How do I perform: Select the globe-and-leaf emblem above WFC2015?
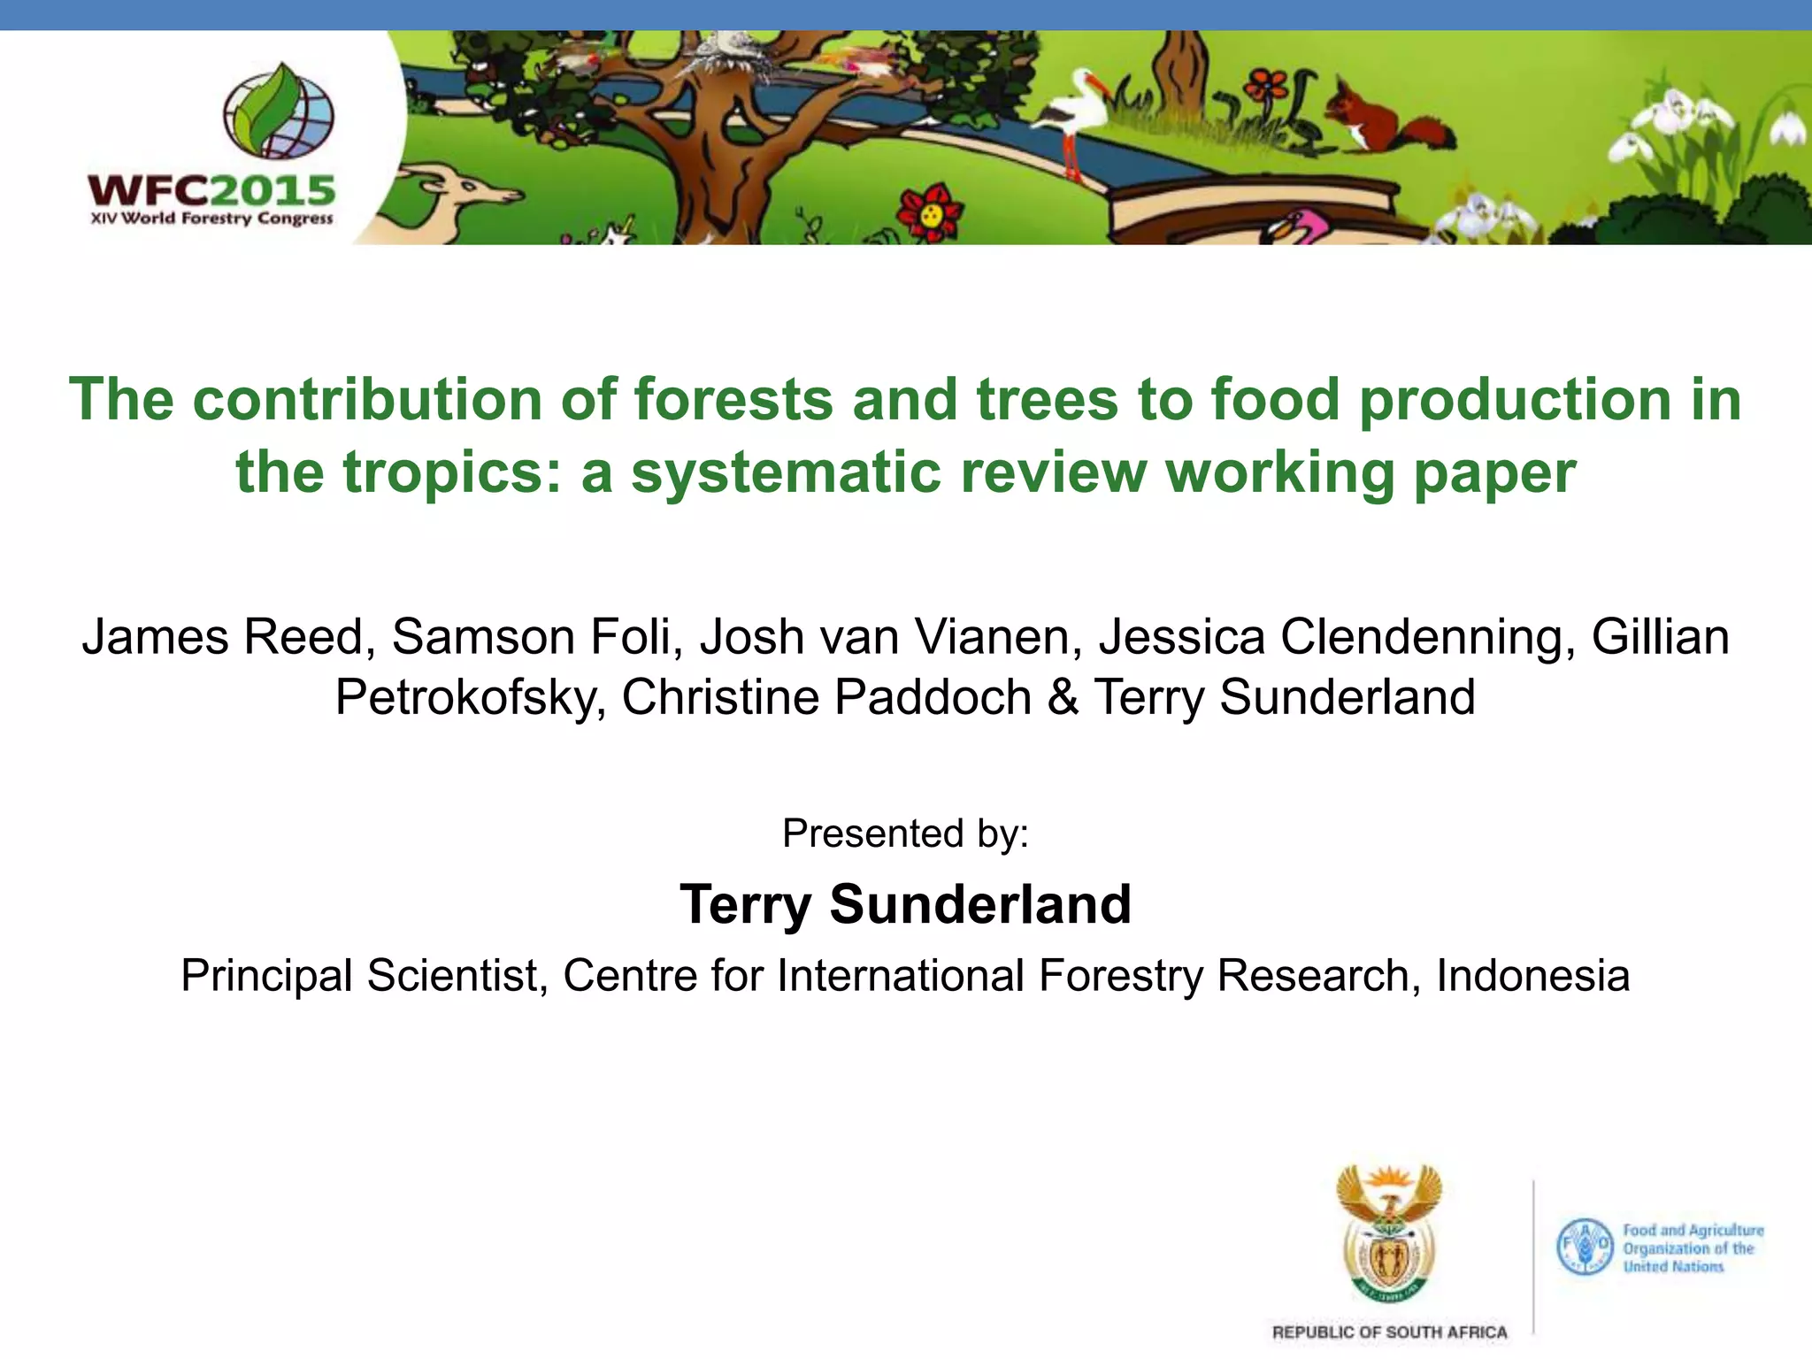point(278,111)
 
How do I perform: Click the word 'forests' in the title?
point(733,399)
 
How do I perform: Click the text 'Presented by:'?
point(905,833)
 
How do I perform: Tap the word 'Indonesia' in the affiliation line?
point(1532,976)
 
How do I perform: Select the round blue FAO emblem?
point(1585,1247)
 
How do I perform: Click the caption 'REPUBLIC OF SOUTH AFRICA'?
point(1389,1332)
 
